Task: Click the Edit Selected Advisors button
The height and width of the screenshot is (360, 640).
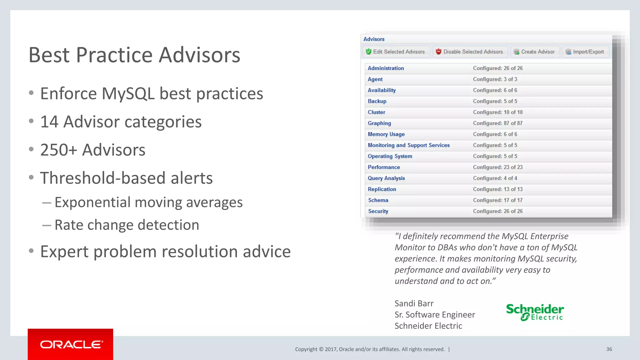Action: click(396, 52)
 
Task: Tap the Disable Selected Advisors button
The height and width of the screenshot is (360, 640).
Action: click(469, 52)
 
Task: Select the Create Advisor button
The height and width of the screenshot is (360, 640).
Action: click(534, 52)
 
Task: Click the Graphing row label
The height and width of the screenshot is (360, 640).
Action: click(379, 123)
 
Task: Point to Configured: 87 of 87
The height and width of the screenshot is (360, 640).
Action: click(497, 123)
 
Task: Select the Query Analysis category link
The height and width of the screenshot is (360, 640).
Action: click(386, 178)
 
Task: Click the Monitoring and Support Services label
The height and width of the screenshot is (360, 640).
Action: click(408, 145)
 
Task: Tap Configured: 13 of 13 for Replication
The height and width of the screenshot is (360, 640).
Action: click(497, 189)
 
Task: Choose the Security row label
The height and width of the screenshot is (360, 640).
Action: click(378, 211)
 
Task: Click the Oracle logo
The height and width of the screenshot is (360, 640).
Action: click(71, 344)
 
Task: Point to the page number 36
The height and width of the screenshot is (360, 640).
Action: click(609, 349)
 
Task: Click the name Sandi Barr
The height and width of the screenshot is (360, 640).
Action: click(414, 303)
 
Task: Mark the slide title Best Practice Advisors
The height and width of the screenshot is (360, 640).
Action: click(134, 55)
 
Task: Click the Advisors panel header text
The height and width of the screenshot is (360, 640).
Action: click(374, 39)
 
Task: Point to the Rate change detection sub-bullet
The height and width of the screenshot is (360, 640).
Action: click(127, 225)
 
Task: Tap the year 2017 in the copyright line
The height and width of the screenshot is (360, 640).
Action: click(330, 349)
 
